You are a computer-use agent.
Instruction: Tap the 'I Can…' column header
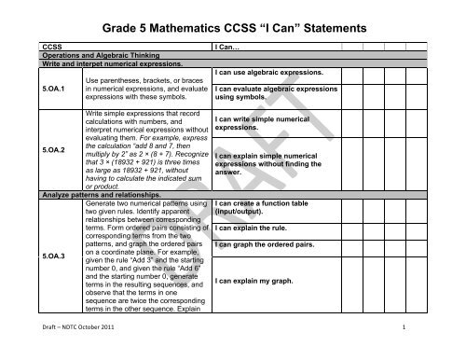click(x=228, y=47)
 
